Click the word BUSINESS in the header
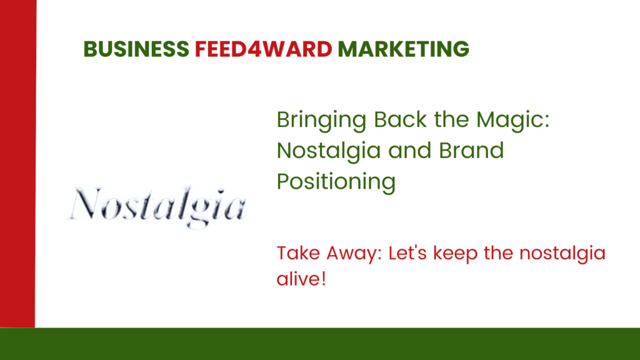coord(136,49)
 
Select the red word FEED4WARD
coord(263,49)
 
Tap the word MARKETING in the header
coord(403,49)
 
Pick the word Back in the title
coord(401,119)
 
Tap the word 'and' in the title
coord(410,150)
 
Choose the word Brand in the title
coord(471,150)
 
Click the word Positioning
coord(336,182)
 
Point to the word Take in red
coord(297,253)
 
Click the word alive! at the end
coord(301,279)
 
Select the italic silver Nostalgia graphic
coord(157,207)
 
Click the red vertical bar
coord(18,164)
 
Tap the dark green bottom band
coord(320,344)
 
